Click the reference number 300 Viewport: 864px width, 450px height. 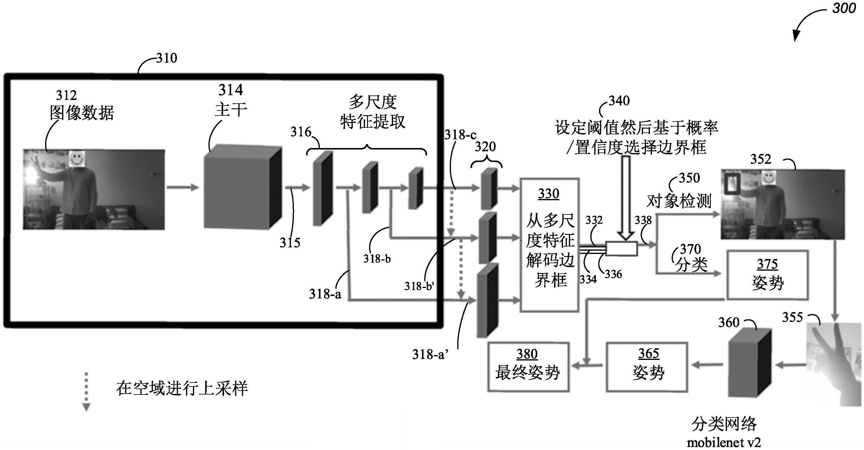coord(843,8)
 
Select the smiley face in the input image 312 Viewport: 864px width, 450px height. coord(77,158)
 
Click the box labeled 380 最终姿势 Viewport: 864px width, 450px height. coord(528,366)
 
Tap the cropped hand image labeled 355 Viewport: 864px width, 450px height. coord(833,363)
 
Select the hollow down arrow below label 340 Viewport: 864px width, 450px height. coord(626,198)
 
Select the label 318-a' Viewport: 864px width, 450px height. coord(430,355)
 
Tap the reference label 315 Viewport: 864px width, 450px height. coord(290,243)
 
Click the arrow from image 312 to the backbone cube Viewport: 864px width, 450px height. coord(183,187)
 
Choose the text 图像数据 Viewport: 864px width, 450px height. coord(82,112)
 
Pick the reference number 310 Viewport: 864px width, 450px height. coord(166,58)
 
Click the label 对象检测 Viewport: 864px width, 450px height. coord(679,201)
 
